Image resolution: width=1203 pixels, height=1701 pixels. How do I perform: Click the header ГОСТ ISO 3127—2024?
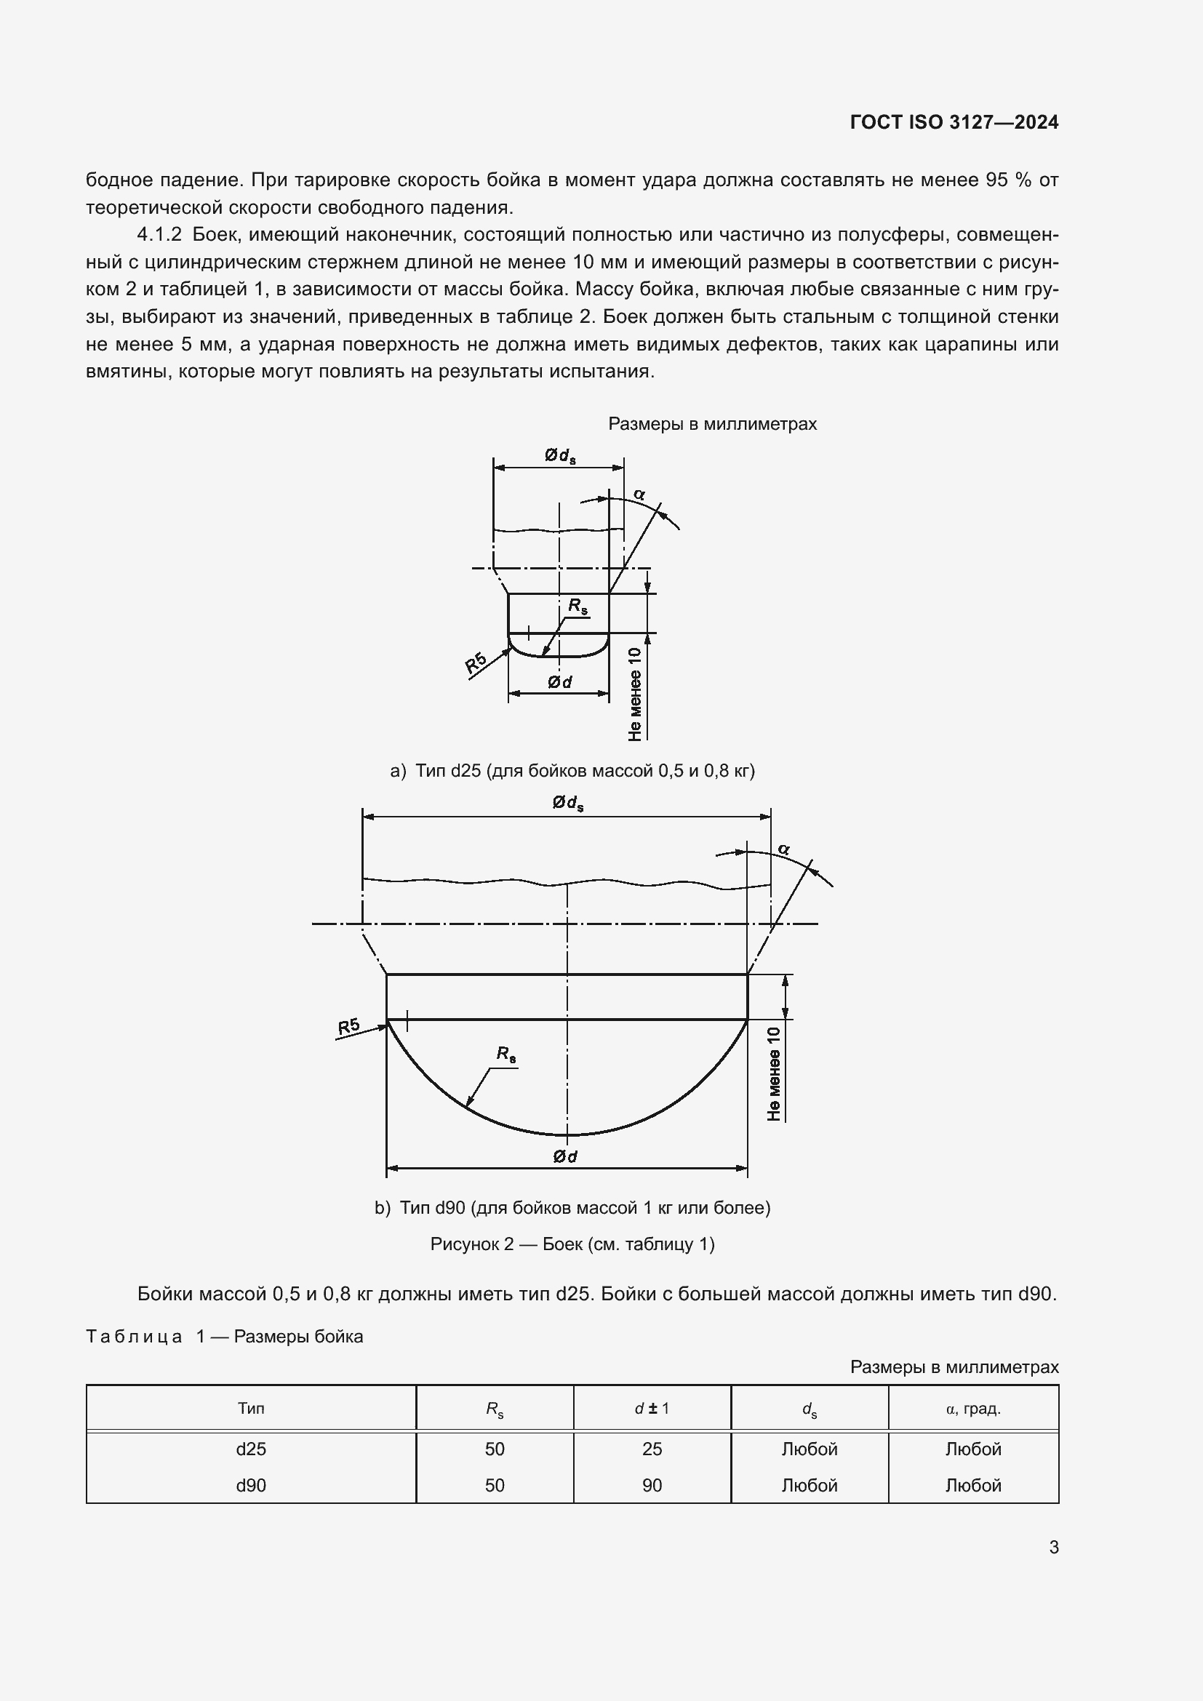tap(954, 122)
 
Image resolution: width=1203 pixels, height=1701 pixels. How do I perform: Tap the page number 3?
tap(1053, 1547)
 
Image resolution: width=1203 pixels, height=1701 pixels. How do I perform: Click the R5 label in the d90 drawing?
tap(348, 1026)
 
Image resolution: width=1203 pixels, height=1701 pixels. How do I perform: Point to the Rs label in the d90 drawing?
tap(506, 1054)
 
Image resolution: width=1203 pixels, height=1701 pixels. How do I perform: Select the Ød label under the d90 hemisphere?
tap(565, 1156)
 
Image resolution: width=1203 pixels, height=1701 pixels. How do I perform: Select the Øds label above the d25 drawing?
tap(559, 456)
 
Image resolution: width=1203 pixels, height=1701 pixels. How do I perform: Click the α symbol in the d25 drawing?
tap(639, 493)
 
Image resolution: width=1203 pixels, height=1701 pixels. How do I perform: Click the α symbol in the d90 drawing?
tap(784, 849)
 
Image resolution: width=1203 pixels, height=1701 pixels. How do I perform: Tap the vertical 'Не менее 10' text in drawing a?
tap(635, 695)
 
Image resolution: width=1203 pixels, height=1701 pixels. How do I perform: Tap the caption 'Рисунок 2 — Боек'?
tap(572, 1244)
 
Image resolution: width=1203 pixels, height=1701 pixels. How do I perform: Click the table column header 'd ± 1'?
tap(651, 1409)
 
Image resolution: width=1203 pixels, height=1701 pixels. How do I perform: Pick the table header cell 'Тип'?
tap(250, 1409)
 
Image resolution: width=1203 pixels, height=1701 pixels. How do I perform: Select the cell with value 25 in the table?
tap(652, 1449)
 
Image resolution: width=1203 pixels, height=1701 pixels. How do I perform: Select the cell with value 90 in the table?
tap(652, 1486)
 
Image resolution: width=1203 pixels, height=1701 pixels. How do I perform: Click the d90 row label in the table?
tap(250, 1486)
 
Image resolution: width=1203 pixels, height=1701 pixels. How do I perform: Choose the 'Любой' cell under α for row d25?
tap(972, 1449)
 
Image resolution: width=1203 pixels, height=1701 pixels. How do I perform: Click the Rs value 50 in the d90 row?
tap(494, 1486)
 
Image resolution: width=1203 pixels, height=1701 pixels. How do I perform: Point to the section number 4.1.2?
tap(159, 235)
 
